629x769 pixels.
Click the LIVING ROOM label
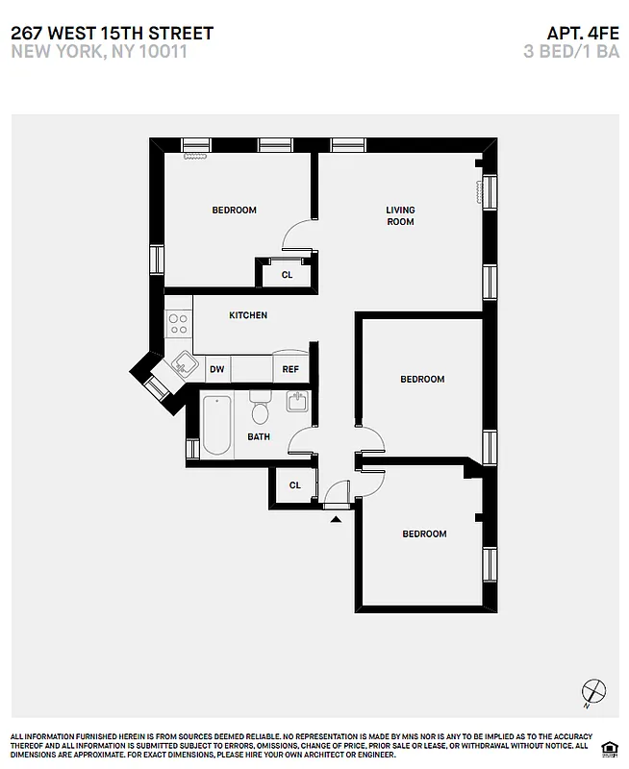[x=400, y=216]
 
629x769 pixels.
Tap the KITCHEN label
[x=248, y=315]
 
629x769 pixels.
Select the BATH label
[x=259, y=436]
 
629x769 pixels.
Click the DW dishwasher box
[x=217, y=368]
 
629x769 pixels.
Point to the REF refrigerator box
[x=289, y=368]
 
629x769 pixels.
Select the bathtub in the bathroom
[x=215, y=426]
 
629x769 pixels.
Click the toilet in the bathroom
[x=260, y=409]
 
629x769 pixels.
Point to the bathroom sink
[x=298, y=402]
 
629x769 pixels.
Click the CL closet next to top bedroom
[x=287, y=274]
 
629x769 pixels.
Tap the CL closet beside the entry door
[x=295, y=485]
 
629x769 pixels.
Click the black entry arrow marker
[x=336, y=519]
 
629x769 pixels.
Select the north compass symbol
[x=595, y=692]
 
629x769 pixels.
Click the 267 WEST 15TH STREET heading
[x=113, y=34]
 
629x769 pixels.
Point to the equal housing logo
[x=608, y=748]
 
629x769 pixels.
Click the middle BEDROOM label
[x=422, y=379]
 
